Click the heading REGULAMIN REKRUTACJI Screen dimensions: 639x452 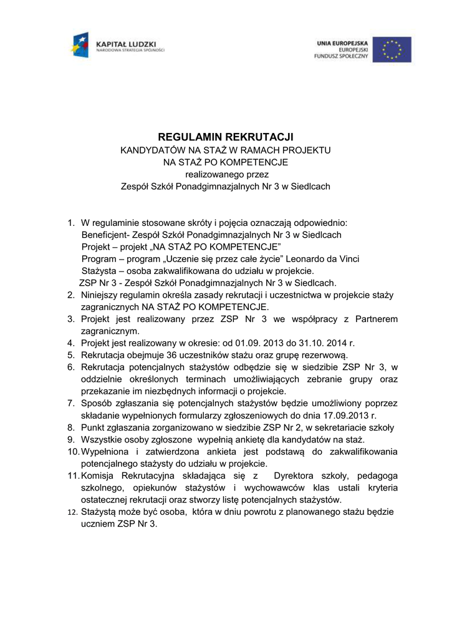(x=225, y=137)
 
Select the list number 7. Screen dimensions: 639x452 (x=71, y=404)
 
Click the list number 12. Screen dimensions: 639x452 (x=72, y=512)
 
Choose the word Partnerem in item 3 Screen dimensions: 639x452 (x=375, y=319)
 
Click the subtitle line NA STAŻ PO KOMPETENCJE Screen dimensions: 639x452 (x=225, y=162)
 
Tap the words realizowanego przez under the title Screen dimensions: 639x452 (x=225, y=174)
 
